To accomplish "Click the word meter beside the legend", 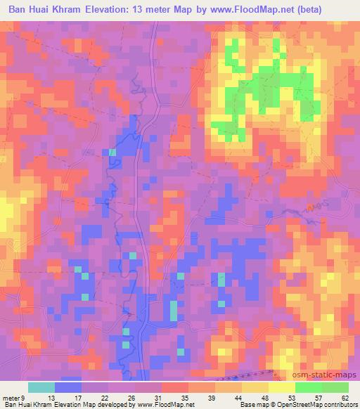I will pos(12,398).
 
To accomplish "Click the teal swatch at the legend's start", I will pos(41,387).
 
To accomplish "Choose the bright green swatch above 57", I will pos(308,387).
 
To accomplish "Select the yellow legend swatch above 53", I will pos(281,387).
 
